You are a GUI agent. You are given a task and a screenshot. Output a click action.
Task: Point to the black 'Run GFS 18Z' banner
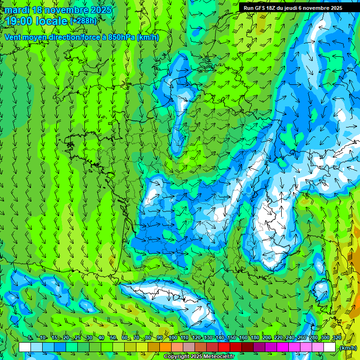point(292,7)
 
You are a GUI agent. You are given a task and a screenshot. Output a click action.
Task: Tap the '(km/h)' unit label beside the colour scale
point(348,347)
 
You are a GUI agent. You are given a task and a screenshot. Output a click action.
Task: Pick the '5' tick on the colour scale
point(30,337)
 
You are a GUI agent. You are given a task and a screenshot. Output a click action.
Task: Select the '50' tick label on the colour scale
point(113,337)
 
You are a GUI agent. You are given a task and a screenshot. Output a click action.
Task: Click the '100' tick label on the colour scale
point(172,337)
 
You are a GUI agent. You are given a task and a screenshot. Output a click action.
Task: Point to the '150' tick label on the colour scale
point(231,337)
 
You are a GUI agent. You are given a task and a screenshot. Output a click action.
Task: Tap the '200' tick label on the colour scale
point(267,337)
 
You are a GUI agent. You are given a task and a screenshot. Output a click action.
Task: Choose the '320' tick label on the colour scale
point(337,337)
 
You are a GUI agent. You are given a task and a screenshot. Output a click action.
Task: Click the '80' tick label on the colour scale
point(148,337)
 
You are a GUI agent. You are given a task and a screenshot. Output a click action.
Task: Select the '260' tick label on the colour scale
point(302,337)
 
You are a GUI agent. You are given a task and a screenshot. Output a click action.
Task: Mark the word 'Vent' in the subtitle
point(14,37)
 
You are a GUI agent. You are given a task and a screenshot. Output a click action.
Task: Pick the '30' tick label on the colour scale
point(89,337)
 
